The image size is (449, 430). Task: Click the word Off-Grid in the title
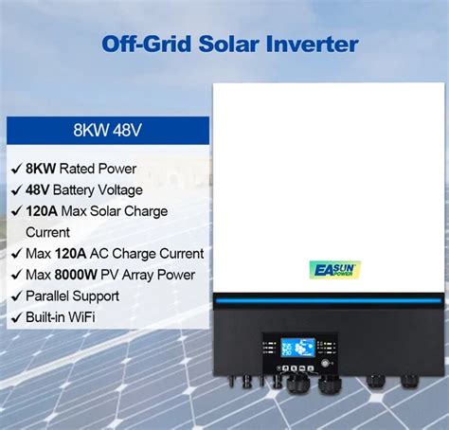(x=147, y=44)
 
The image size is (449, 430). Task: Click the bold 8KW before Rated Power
(x=41, y=169)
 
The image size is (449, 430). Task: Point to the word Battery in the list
(x=74, y=190)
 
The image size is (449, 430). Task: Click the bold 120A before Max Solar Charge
(x=42, y=211)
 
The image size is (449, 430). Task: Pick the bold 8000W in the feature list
(x=76, y=275)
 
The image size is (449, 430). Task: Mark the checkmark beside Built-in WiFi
(x=16, y=317)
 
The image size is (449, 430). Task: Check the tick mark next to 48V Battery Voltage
(x=16, y=190)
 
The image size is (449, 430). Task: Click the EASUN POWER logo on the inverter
(x=334, y=270)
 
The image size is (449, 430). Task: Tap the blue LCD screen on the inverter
(x=298, y=348)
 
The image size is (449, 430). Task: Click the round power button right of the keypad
(x=325, y=363)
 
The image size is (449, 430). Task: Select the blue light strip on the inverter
(x=329, y=300)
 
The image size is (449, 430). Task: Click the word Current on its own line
(x=47, y=232)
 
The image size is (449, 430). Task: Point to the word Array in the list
(x=137, y=276)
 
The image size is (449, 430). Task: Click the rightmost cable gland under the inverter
(x=409, y=381)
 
